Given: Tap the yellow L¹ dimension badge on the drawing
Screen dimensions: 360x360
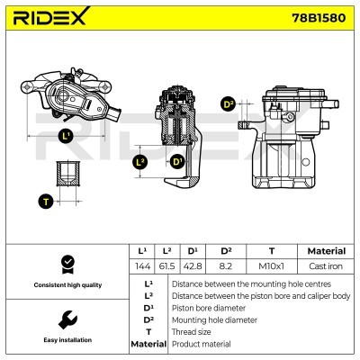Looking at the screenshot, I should pyautogui.click(x=65, y=136).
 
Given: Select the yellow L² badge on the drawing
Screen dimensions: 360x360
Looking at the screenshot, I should pyautogui.click(x=139, y=162).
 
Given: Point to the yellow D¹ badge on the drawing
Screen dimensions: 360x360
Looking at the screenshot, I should pyautogui.click(x=176, y=162).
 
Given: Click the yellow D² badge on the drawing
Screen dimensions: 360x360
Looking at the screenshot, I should pyautogui.click(x=228, y=104).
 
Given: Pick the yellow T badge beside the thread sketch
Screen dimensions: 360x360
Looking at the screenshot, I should pyautogui.click(x=45, y=201).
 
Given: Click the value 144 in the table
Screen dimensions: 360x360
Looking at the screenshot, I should pyautogui.click(x=140, y=267).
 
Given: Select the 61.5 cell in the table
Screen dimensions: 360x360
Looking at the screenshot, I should pyautogui.click(x=166, y=267).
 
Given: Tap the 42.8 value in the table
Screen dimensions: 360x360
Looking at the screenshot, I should pyautogui.click(x=193, y=267).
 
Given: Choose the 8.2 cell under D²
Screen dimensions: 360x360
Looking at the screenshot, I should pyautogui.click(x=226, y=267).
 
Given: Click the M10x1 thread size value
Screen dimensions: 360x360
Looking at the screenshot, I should pyautogui.click(x=271, y=267).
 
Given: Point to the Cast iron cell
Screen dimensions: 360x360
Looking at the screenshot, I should pyautogui.click(x=326, y=267).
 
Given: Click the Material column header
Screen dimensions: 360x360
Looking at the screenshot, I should pyautogui.click(x=326, y=251).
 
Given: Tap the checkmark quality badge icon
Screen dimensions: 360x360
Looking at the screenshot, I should pyautogui.click(x=66, y=264).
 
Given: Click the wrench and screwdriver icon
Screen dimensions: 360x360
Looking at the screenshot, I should pyautogui.click(x=66, y=319).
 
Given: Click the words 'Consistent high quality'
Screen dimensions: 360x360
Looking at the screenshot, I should pyautogui.click(x=66, y=285).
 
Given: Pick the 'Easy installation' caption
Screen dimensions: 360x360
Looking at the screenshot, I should pyautogui.click(x=66, y=341).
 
